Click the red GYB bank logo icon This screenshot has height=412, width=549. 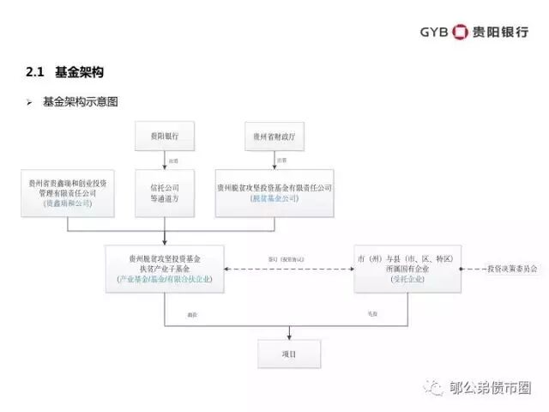460,33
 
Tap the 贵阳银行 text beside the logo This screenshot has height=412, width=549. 501,33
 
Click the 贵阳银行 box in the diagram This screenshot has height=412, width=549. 164,136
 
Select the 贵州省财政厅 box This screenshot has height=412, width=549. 274,136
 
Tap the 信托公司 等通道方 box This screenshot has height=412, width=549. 164,192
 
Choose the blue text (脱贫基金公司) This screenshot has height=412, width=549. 274,198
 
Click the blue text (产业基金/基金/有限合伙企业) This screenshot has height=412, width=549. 164,280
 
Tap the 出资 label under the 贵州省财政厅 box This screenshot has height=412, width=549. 281,160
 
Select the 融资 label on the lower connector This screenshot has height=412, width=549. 192,315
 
